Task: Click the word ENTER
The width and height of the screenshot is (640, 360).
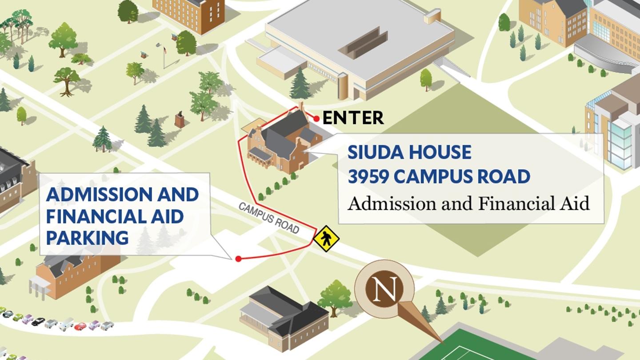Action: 353,118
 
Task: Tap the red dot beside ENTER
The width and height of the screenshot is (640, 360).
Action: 316,118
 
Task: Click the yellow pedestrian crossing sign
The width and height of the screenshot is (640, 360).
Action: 326,239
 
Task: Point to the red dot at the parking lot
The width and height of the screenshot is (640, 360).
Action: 238,259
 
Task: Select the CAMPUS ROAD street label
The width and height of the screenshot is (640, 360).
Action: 269,218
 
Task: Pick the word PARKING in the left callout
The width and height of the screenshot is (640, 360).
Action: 87,237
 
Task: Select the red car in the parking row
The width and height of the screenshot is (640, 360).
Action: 80,327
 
